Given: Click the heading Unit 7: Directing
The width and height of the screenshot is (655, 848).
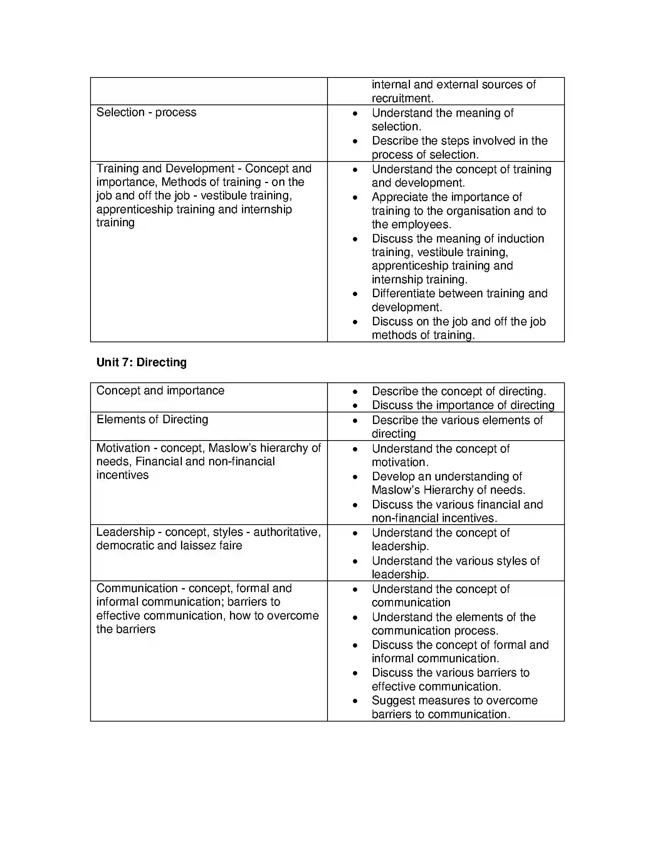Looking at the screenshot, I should (x=141, y=362).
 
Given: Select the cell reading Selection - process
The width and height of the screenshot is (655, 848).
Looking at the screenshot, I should (x=146, y=112).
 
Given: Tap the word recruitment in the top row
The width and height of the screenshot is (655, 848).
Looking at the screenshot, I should (x=401, y=98).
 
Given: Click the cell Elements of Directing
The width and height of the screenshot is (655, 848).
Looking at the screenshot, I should (x=152, y=419).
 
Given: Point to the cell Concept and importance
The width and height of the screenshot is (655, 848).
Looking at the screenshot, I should (x=160, y=390).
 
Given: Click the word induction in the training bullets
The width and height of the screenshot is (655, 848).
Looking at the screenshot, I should (x=521, y=239).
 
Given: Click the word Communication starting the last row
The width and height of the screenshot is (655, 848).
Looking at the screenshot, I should (x=137, y=588).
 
